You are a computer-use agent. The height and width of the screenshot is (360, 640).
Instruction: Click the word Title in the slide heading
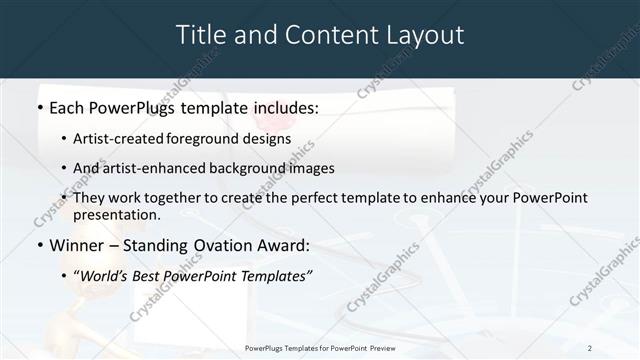coord(200,35)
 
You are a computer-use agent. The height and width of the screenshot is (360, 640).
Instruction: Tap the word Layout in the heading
coord(420,35)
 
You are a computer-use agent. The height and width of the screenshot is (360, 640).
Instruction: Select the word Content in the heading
coord(322,35)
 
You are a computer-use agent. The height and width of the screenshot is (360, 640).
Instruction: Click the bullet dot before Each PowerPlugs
coord(39,107)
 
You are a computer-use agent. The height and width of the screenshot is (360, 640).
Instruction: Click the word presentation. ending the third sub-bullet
coord(116,215)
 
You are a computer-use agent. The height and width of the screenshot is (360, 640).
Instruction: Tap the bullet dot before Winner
coord(39,245)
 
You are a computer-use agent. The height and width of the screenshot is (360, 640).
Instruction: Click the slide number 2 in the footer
coord(590,348)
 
